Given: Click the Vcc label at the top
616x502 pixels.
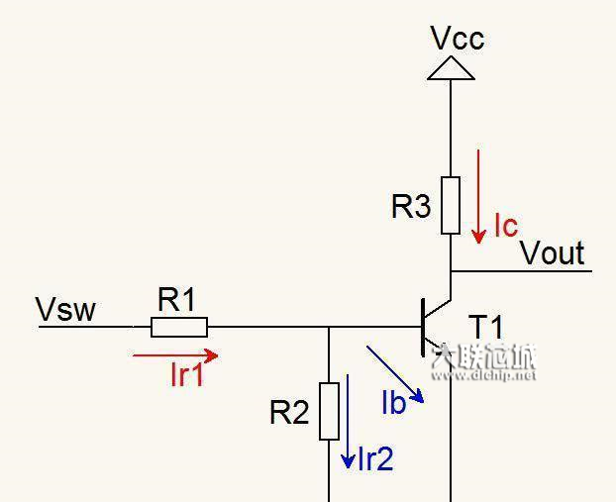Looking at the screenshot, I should click(x=457, y=39).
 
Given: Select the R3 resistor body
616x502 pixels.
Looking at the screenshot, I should click(x=451, y=205).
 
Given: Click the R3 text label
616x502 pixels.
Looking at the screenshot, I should click(x=411, y=207).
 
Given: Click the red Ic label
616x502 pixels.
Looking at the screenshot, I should click(x=505, y=226).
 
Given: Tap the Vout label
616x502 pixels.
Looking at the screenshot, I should click(x=552, y=253).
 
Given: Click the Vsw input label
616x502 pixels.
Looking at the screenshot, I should click(x=66, y=310).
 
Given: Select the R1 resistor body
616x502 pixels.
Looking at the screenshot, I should click(x=179, y=327).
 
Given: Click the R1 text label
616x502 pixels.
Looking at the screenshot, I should click(x=177, y=300).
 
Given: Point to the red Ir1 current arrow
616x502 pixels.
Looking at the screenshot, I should click(x=174, y=354).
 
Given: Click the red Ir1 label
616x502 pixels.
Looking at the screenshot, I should click(x=186, y=375).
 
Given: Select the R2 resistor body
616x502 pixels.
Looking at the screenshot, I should click(x=330, y=410).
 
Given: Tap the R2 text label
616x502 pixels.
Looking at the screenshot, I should click(x=289, y=413).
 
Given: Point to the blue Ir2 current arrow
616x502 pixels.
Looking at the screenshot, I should click(x=349, y=421).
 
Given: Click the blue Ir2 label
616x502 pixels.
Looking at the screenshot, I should click(x=374, y=458).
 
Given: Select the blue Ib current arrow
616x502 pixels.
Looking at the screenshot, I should click(x=395, y=373).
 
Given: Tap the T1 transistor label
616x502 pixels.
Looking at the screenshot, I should click(x=486, y=327).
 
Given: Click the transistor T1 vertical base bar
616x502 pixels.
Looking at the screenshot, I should click(x=423, y=327).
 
